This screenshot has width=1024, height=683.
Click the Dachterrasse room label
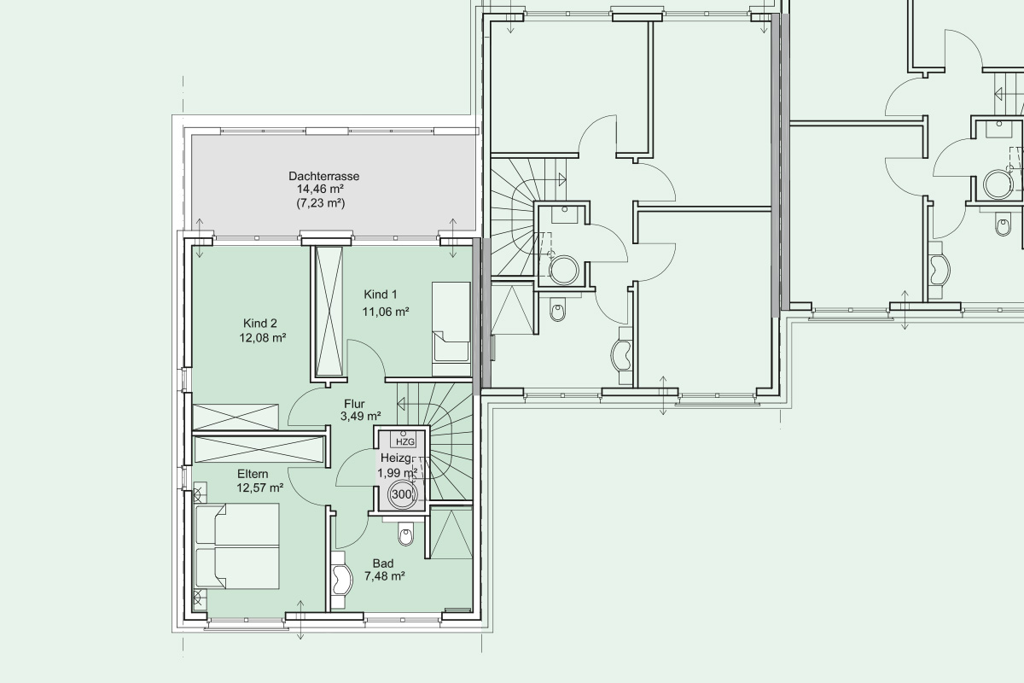pos(323,176)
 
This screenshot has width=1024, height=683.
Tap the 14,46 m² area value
pos(321,189)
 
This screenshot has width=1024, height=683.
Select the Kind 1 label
pos(381,295)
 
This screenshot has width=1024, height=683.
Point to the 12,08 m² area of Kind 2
pos(263,338)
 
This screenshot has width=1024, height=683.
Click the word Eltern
pos(253,474)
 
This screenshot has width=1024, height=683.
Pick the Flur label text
pos(354,404)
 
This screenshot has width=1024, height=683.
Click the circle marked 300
pos(402,494)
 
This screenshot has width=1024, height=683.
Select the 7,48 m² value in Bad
pos(385,576)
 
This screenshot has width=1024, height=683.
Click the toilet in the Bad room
pos(405,534)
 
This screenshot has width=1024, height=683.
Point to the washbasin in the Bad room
pos(341,580)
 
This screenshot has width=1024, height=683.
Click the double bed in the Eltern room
pos(237,546)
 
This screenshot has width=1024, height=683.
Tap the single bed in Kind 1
pos(451,323)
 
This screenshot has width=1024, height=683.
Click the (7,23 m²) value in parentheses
pos(321,202)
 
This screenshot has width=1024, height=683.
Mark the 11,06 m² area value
pos(386,312)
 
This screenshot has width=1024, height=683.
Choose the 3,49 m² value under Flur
pos(361,417)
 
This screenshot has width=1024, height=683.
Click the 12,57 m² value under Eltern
pos(259,488)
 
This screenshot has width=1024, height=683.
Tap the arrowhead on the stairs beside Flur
pos(401,404)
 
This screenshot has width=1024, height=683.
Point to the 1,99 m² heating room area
pos(397,473)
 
